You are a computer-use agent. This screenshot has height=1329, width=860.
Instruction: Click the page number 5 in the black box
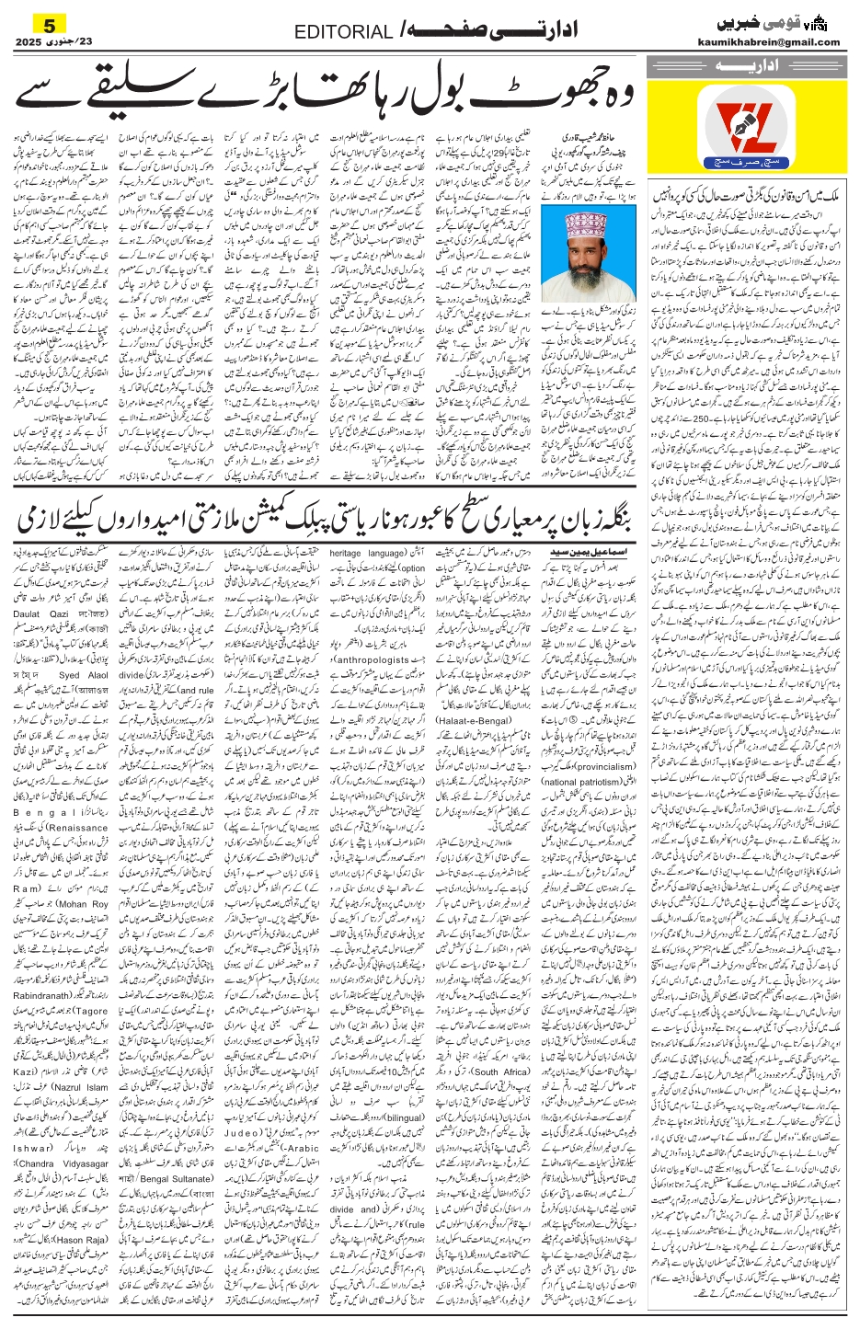pyautogui.click(x=49, y=23)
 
